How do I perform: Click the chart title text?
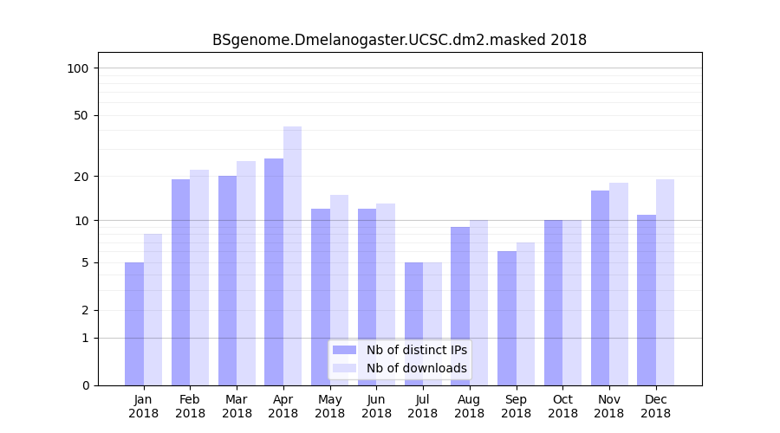(x=400, y=40)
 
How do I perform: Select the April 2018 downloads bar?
(x=292, y=255)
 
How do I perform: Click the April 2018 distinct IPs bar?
(x=274, y=272)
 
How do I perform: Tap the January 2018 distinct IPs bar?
(x=134, y=324)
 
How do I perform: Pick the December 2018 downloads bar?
(x=665, y=282)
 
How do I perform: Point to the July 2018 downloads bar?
(x=432, y=324)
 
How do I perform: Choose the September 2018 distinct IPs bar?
(x=507, y=318)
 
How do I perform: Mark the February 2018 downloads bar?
(x=199, y=277)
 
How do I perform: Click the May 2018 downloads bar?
(x=339, y=290)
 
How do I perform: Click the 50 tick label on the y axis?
(x=81, y=115)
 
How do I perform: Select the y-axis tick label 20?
(x=81, y=177)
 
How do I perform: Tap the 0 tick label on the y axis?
(x=84, y=385)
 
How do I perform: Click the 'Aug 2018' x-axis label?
(x=469, y=406)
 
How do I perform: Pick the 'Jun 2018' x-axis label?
(x=376, y=406)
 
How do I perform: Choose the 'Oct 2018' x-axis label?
(x=562, y=406)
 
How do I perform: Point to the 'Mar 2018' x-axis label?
(x=237, y=406)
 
